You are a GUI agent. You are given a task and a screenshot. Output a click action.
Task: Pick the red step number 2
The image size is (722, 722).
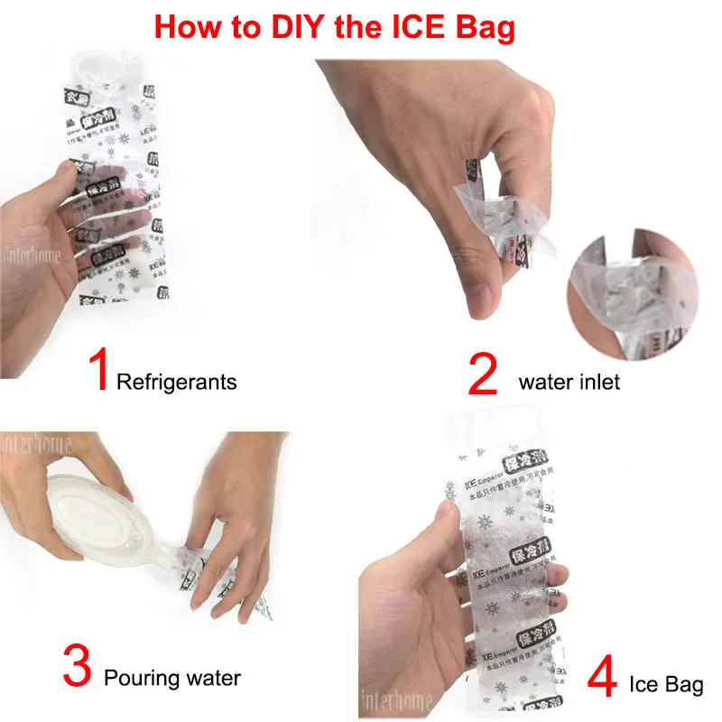(x=483, y=375)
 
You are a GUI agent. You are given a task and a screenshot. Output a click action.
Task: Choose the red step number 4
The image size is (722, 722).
(x=602, y=677)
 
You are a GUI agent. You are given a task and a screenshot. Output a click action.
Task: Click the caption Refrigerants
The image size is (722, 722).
(x=177, y=382)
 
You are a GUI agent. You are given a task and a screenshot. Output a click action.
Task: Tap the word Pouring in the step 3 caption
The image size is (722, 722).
(x=137, y=677)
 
